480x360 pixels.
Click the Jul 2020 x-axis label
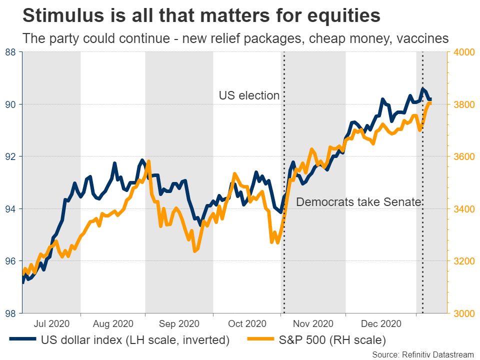[51, 323]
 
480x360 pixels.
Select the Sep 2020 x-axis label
[178, 323]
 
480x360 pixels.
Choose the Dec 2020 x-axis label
[380, 323]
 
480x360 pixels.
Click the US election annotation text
[249, 95]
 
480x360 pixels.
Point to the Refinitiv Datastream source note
[423, 354]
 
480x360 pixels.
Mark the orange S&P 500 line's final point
[430, 103]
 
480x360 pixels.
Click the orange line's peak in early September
[149, 161]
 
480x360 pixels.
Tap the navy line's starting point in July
[23, 282]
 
